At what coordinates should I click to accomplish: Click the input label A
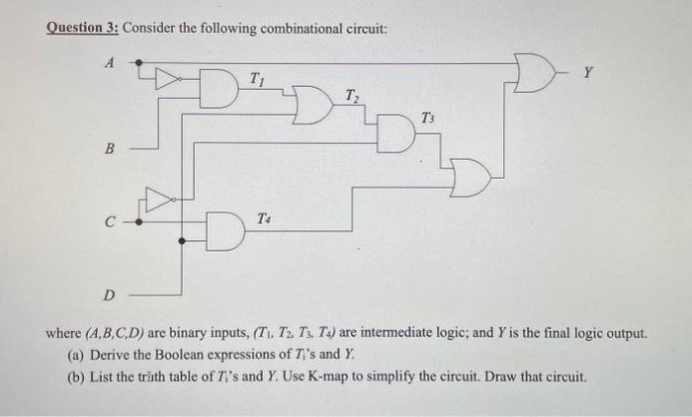click(111, 62)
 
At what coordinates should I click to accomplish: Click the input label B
click(111, 149)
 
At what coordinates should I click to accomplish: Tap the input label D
click(110, 293)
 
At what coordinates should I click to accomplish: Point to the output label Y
click(588, 71)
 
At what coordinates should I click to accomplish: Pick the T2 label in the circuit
click(353, 96)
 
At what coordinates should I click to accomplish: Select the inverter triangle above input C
click(157, 200)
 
